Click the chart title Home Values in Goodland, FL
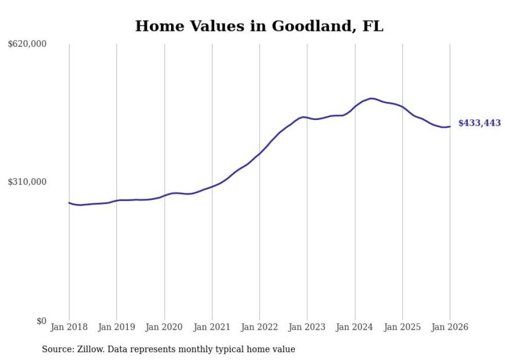tap(259, 26)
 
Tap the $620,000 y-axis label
tap(27, 44)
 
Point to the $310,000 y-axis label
tap(27, 182)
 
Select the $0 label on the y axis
tap(41, 321)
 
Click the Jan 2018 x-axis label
tap(69, 327)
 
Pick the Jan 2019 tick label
tap(116, 327)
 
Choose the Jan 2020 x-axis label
tap(164, 327)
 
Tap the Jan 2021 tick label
tap(212, 327)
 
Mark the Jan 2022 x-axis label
tap(260, 327)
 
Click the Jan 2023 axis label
tap(307, 327)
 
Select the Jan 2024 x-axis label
tap(355, 327)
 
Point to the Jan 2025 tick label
tap(402, 327)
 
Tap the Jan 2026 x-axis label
tap(450, 327)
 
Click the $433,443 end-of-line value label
tap(479, 123)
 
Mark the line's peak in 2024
tap(371, 98)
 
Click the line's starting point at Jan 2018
tap(69, 202)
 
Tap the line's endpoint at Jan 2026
tap(450, 127)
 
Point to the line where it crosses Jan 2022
tap(260, 153)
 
